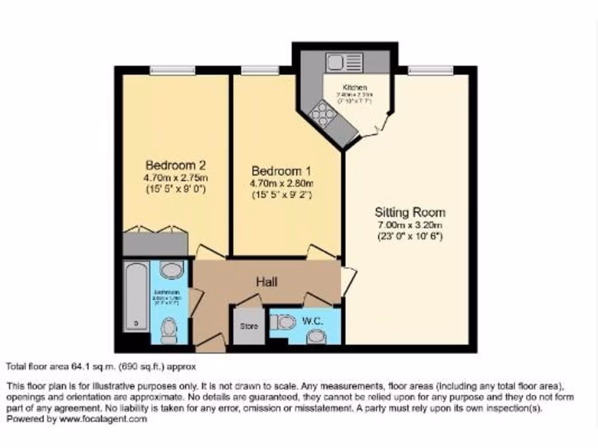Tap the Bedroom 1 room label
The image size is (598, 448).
pyautogui.click(x=281, y=171)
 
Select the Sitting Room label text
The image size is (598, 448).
pyautogui.click(x=410, y=212)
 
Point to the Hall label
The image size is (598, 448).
pyautogui.click(x=266, y=282)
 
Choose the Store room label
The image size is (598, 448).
pyautogui.click(x=249, y=325)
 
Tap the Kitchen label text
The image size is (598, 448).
pyautogui.click(x=354, y=87)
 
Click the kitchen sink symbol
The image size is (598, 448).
pyautogui.click(x=345, y=62)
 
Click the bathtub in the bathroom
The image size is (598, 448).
pyautogui.click(x=137, y=296)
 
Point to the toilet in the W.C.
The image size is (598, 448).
pyautogui.click(x=284, y=321)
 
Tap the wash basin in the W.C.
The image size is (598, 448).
pyautogui.click(x=315, y=337)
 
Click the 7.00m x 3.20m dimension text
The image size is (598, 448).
pyautogui.click(x=409, y=225)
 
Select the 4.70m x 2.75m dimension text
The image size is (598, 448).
pyautogui.click(x=176, y=177)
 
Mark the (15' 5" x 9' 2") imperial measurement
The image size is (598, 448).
pyautogui.click(x=282, y=195)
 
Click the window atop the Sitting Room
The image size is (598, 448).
pyautogui.click(x=430, y=70)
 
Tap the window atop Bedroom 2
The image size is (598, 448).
pyautogui.click(x=172, y=70)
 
